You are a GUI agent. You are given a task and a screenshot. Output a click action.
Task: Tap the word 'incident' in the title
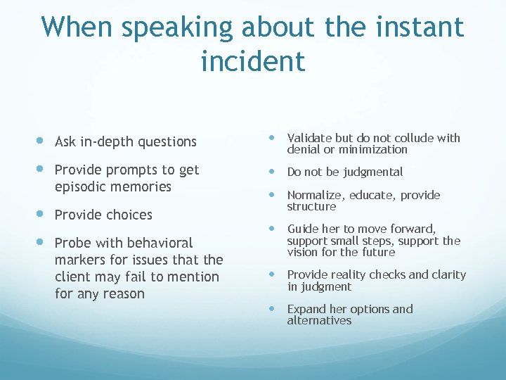coord(252,61)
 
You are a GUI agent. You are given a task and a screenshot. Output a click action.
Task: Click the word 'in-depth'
coord(107,141)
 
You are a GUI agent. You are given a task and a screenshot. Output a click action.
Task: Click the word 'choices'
coord(128,215)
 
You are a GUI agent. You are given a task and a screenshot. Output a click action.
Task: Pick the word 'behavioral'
coord(158,243)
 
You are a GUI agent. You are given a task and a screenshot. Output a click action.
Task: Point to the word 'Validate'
coord(310,138)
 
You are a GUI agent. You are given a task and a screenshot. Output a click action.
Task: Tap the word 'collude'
coord(408,138)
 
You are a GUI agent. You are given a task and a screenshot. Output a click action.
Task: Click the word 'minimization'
coord(373,149)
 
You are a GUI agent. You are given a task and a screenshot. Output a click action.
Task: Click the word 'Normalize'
coord(314,195)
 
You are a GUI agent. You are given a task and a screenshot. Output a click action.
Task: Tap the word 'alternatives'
coord(319,320)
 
